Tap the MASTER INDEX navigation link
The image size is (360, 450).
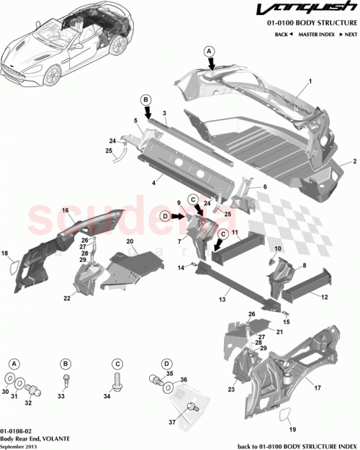tap(316, 34)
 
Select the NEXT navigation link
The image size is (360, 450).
tap(348, 34)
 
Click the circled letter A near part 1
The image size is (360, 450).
tap(210, 51)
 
